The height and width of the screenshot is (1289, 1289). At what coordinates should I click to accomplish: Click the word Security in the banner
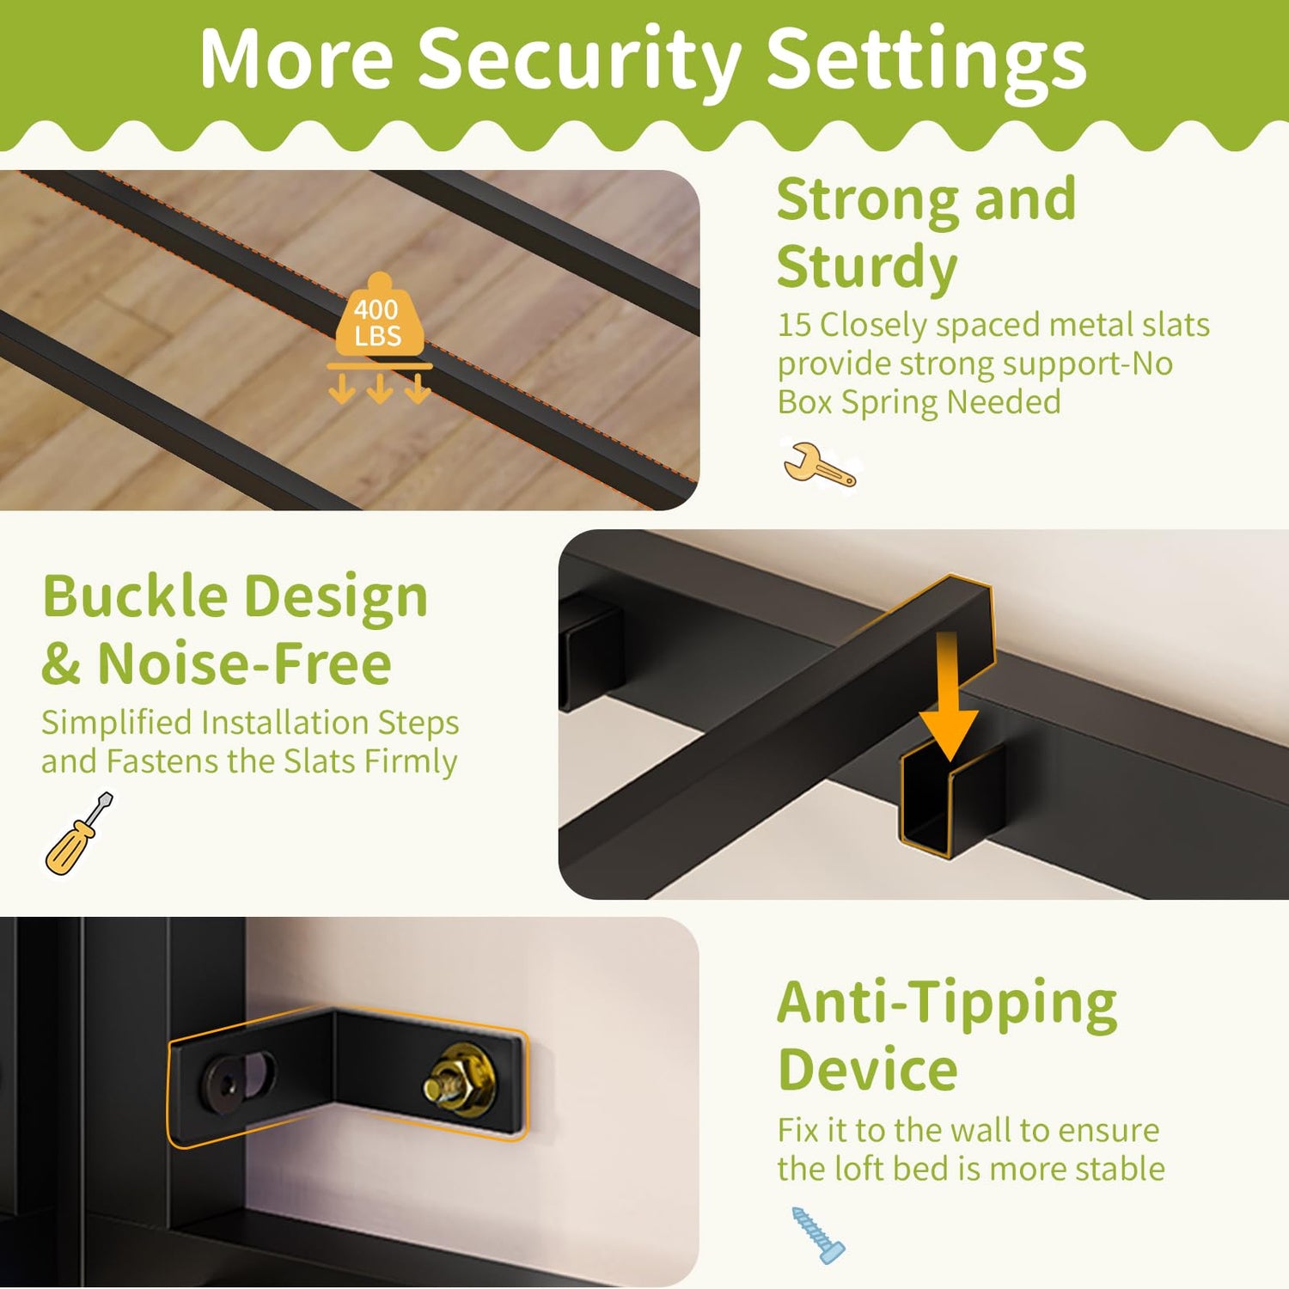(x=580, y=60)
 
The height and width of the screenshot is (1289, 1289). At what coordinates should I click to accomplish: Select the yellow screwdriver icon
(x=78, y=834)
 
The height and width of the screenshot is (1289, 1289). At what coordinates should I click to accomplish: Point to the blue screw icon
(x=817, y=1235)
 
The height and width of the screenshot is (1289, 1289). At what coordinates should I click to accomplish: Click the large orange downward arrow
(x=948, y=697)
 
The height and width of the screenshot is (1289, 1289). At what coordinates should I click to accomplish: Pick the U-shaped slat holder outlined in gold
(x=950, y=799)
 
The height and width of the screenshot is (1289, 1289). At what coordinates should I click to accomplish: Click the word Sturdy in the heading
(x=867, y=267)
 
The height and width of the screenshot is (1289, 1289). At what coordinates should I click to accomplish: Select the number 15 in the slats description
(x=795, y=325)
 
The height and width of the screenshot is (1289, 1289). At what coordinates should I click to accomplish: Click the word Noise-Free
(x=245, y=664)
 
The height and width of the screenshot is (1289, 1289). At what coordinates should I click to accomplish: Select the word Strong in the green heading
(x=868, y=200)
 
